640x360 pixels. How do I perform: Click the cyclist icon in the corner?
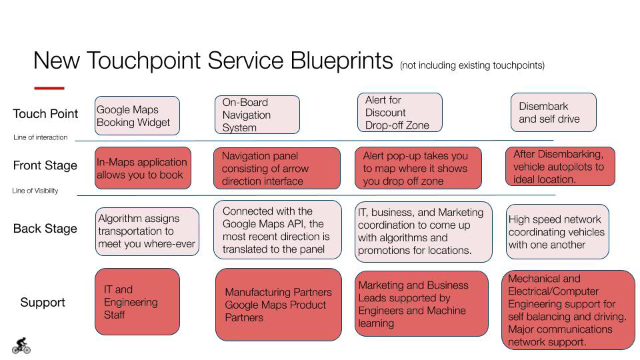(21, 345)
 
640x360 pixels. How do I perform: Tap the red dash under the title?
(49, 88)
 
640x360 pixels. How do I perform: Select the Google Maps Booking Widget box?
(137, 116)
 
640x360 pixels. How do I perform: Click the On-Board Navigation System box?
(257, 115)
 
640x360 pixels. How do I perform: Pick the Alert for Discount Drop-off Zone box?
(399, 113)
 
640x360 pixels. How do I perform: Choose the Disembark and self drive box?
(553, 113)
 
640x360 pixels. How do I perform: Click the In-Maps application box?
(143, 168)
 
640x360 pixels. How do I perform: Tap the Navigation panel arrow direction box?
(277, 169)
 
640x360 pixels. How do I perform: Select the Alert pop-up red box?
(417, 169)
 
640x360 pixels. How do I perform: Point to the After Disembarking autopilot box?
(560, 167)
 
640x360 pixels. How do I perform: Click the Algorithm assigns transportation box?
(147, 231)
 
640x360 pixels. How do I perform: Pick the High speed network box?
(557, 232)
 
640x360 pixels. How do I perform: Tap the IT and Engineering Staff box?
(137, 302)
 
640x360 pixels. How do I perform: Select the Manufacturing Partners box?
(278, 305)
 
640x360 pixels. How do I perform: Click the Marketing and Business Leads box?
(421, 304)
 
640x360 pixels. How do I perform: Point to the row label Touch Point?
(45, 114)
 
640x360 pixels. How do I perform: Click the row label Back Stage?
(45, 229)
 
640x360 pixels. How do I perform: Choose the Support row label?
(43, 303)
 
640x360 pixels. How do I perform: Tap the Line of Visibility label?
(35, 191)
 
